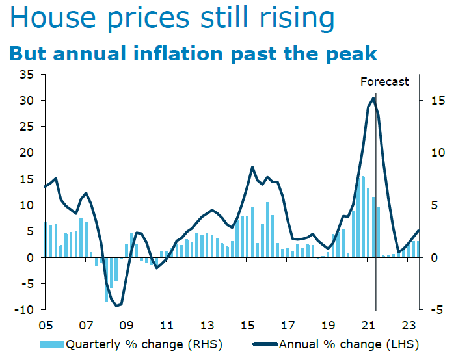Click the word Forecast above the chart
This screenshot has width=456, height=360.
tap(385, 82)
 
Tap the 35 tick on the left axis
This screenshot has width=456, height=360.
tap(25, 75)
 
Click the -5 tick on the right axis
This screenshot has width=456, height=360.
tap(434, 310)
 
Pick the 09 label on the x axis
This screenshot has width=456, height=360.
tap(126, 326)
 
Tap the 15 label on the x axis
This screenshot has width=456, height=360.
tap(247, 326)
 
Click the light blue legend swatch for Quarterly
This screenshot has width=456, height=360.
tap(53, 344)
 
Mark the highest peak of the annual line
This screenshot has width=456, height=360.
tap(373, 98)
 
